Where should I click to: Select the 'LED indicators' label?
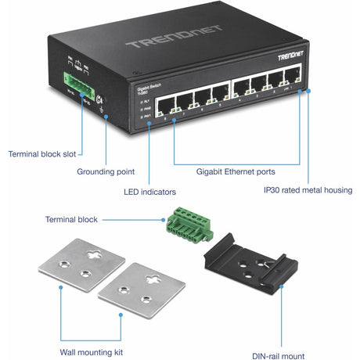pyautogui.click(x=150, y=189)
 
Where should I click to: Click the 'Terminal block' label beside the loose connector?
pyautogui.click(x=71, y=220)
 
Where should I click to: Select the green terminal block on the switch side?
pyautogui.click(x=70, y=77)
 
